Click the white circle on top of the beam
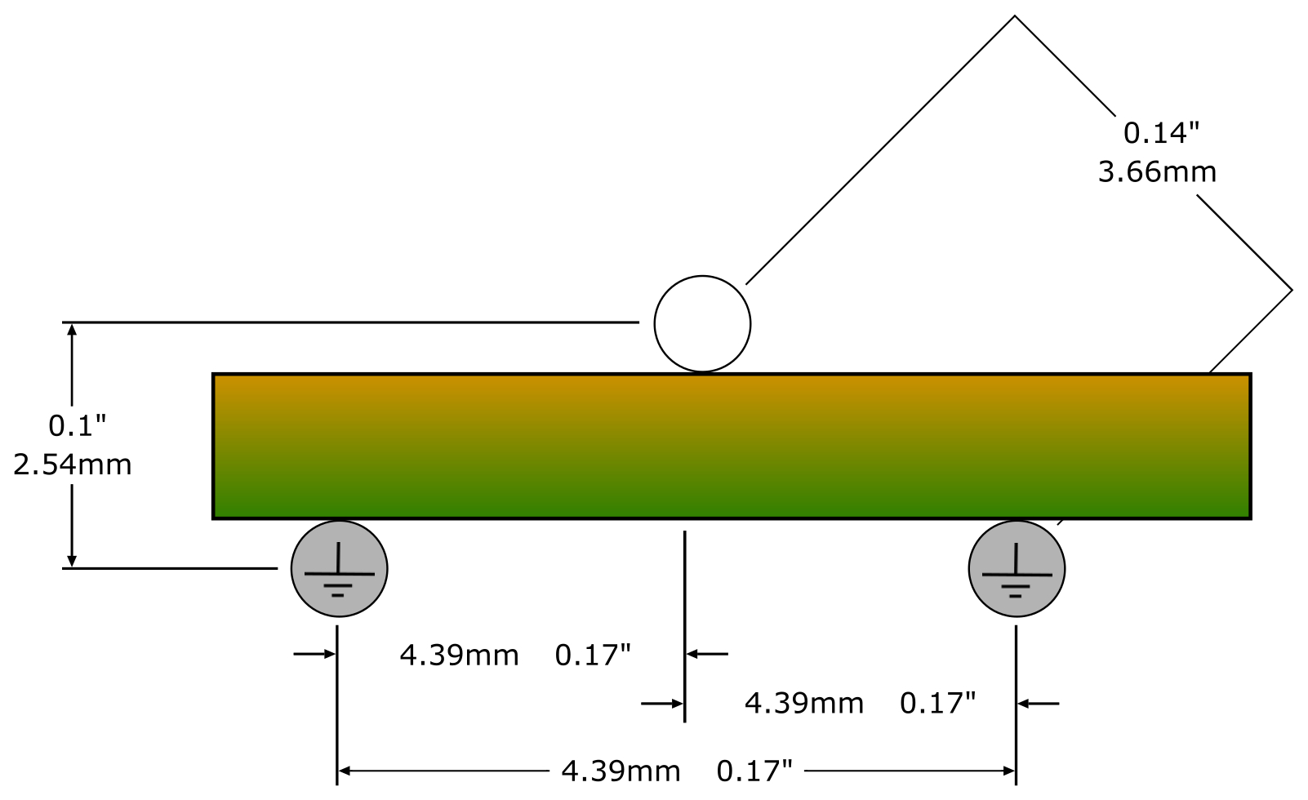point(702,324)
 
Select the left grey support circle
point(340,569)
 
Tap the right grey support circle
point(1017,569)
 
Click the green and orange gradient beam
point(732,447)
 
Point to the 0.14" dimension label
point(1161,133)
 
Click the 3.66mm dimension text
point(1157,172)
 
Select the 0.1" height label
point(78,425)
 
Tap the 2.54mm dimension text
point(73,465)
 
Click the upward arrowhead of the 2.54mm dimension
point(72,329)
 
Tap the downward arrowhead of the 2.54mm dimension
point(72,561)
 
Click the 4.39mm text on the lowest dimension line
point(621,771)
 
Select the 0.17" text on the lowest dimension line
point(754,771)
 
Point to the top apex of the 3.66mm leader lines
point(1014,16)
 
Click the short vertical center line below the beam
point(684,627)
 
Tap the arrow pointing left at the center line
point(707,654)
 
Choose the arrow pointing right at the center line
point(662,704)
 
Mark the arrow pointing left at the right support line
point(1039,704)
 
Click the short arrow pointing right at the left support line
point(314,654)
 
